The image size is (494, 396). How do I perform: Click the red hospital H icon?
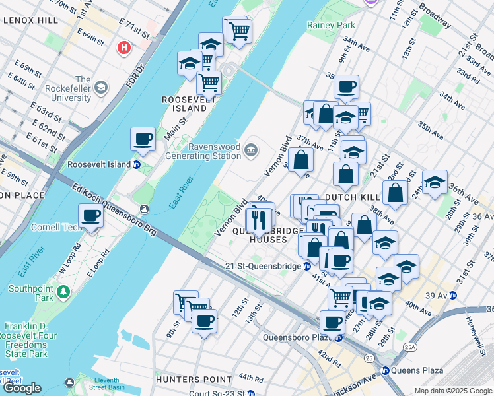click(123, 48)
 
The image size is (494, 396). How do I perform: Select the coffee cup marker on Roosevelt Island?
click(143, 139)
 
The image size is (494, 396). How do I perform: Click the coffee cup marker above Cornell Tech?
click(90, 216)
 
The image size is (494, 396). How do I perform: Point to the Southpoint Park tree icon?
click(63, 291)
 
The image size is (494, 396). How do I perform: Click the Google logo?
click(22, 388)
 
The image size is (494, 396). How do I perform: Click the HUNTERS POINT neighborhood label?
click(194, 379)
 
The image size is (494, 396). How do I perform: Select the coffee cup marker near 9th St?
click(204, 321)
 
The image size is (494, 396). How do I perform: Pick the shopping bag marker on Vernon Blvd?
click(300, 160)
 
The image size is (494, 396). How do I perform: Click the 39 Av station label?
click(433, 294)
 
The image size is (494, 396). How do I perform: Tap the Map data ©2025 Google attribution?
click(453, 391)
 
